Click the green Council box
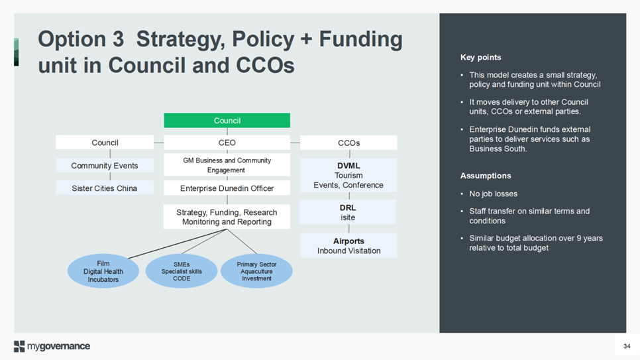click(227, 121)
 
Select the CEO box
click(227, 143)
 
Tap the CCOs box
click(348, 143)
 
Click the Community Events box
click(105, 166)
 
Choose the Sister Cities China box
click(105, 188)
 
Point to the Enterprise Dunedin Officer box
click(227, 188)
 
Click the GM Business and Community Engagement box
click(227, 165)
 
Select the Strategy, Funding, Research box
click(227, 217)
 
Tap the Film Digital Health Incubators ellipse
click(103, 271)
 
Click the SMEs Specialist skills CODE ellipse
click(182, 271)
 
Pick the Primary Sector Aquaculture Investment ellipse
click(256, 271)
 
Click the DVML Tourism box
click(348, 175)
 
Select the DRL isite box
click(348, 212)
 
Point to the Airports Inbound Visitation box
click(348, 245)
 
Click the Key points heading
click(481, 57)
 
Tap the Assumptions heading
click(486, 176)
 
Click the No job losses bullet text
click(493, 194)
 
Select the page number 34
click(627, 346)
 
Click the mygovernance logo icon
click(19, 346)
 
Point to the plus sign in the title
click(306, 40)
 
